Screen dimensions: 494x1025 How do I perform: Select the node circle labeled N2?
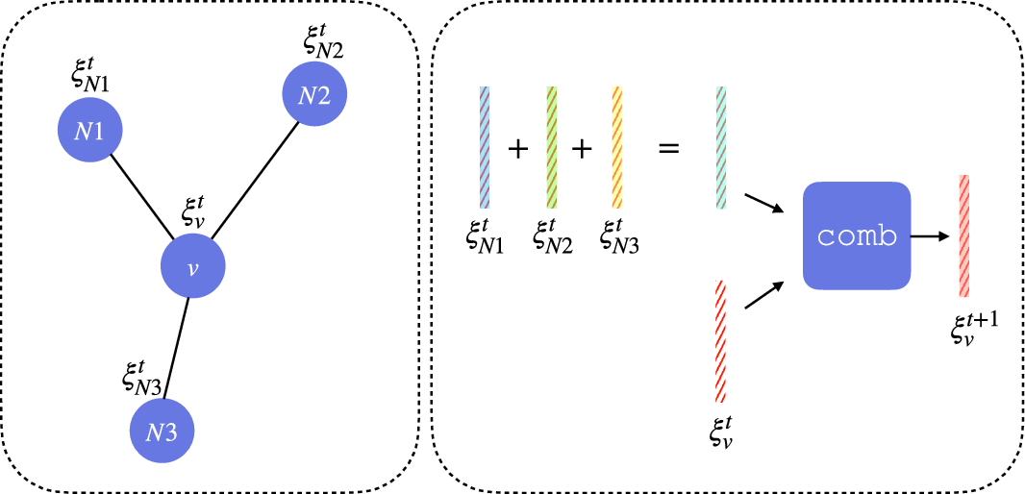[314, 95]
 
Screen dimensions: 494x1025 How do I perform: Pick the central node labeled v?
[192, 266]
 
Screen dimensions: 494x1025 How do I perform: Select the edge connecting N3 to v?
[178, 347]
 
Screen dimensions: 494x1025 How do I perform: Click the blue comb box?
[856, 235]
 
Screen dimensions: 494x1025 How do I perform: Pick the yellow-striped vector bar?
[616, 147]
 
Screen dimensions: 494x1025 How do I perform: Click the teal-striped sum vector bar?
[720, 147]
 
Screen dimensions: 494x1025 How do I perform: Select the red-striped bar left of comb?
[720, 341]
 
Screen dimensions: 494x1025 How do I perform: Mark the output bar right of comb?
[962, 235]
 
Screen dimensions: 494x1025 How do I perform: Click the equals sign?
[668, 150]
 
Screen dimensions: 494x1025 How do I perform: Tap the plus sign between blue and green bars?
[518, 150]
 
